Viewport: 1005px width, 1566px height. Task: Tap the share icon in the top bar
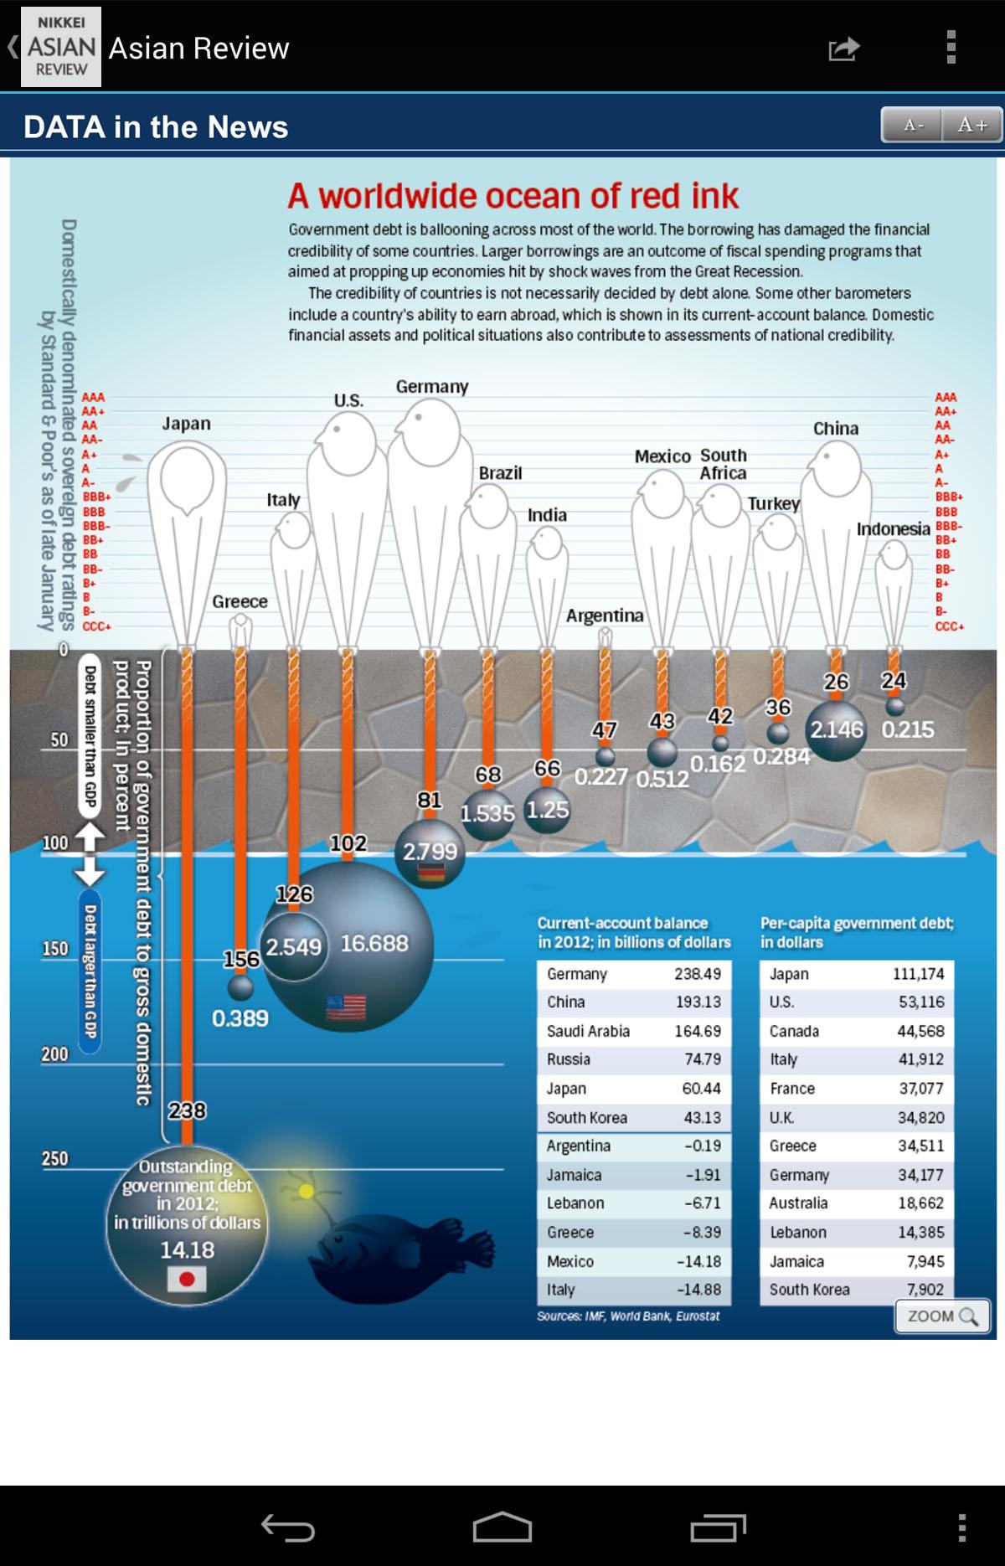coord(843,49)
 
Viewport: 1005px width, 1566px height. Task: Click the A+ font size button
coord(971,125)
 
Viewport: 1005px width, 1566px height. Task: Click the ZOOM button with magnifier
coord(942,1316)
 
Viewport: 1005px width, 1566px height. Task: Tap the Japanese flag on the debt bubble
coord(187,1279)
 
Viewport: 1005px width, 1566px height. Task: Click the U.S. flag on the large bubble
coord(346,1007)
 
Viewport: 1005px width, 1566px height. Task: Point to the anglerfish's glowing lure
coord(307,1190)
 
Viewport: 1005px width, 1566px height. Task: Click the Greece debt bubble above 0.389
coord(240,988)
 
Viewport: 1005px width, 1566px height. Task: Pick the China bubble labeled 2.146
coord(835,729)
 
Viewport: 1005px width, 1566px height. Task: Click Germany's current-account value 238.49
coord(697,974)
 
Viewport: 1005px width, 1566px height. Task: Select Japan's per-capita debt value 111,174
coord(918,974)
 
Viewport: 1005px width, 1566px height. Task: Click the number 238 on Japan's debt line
coord(187,1110)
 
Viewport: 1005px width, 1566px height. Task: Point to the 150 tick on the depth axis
coord(55,949)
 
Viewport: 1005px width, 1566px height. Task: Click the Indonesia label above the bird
coord(893,529)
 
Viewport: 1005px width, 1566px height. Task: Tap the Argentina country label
coord(605,616)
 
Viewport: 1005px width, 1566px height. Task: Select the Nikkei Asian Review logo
coord(61,47)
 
